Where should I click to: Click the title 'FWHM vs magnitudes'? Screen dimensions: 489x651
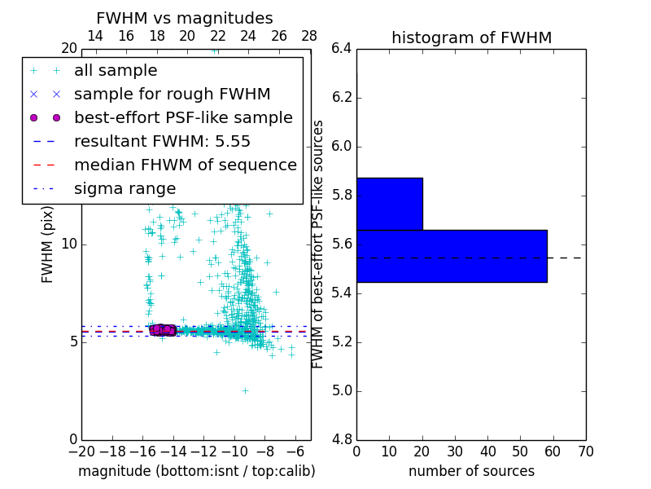click(x=185, y=18)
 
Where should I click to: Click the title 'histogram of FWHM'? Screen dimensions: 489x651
click(x=471, y=37)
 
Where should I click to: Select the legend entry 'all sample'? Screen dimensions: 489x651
click(x=116, y=71)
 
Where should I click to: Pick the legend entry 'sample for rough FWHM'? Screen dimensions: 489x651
click(x=172, y=95)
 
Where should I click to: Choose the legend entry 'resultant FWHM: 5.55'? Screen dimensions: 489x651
click(x=162, y=141)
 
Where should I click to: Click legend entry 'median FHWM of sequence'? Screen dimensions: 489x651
click(x=185, y=165)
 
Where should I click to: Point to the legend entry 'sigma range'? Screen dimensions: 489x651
click(x=125, y=188)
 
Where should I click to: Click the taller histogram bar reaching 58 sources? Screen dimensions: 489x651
click(x=452, y=256)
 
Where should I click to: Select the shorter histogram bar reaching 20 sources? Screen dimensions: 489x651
click(x=389, y=204)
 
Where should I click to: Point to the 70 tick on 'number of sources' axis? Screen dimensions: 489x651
click(x=585, y=452)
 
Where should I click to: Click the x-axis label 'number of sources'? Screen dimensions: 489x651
click(x=471, y=471)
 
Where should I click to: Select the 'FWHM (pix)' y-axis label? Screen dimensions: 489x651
click(x=48, y=244)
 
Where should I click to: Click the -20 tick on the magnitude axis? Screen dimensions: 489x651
click(x=81, y=452)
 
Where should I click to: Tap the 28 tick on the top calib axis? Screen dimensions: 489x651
click(x=309, y=36)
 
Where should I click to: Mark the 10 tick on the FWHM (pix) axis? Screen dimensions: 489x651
click(x=68, y=244)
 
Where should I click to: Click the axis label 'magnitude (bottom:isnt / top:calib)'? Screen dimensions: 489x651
click(x=196, y=471)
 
